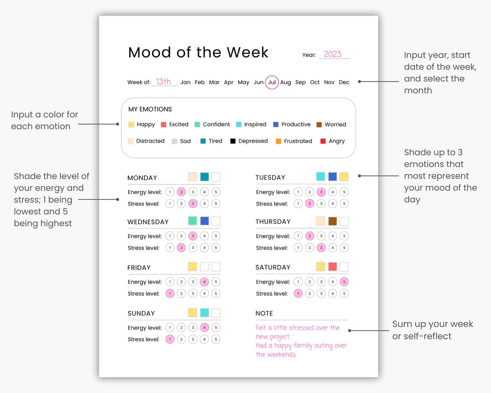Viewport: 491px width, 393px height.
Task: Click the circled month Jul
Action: [x=272, y=82]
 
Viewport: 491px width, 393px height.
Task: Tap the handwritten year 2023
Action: [x=333, y=54]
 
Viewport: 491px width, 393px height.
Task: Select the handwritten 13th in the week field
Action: [x=164, y=81]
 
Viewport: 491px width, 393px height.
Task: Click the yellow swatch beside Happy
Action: [x=131, y=125]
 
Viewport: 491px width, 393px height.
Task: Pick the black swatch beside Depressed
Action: [x=233, y=141]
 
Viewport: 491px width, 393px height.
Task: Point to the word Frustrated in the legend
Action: [x=298, y=141]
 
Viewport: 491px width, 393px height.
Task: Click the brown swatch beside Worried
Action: [x=319, y=125]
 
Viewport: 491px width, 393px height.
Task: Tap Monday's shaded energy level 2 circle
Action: [x=181, y=192]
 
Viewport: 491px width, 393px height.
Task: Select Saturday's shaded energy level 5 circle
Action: [x=344, y=282]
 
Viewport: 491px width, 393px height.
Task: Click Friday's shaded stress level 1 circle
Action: [x=170, y=293]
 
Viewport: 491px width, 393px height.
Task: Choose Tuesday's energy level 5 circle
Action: [x=344, y=192]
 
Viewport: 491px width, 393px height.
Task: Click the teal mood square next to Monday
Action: [x=204, y=177]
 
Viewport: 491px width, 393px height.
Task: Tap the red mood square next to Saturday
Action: [x=332, y=267]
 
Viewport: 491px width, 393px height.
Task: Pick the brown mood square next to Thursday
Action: [x=332, y=221]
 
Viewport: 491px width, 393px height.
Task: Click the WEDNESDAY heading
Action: [x=148, y=222]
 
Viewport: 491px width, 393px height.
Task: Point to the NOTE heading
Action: [x=264, y=313]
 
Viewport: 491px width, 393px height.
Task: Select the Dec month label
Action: [x=344, y=82]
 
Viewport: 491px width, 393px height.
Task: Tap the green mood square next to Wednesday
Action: [x=193, y=221]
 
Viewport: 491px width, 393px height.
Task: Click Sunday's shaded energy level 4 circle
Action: [x=204, y=327]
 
